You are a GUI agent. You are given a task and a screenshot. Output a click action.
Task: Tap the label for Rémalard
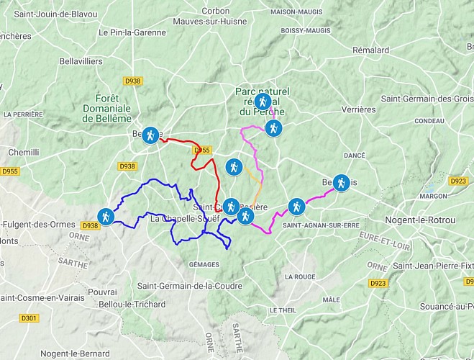(370, 50)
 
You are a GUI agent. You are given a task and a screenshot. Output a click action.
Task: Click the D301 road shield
(29, 318)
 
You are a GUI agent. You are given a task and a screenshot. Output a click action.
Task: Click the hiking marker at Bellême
(150, 135)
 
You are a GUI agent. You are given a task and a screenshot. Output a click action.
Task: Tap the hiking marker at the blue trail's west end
(106, 216)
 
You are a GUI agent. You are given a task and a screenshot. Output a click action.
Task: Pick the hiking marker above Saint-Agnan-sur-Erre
(296, 207)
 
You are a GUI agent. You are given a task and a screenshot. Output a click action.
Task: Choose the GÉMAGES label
(203, 265)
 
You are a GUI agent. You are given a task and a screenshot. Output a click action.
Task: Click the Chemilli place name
(24, 153)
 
